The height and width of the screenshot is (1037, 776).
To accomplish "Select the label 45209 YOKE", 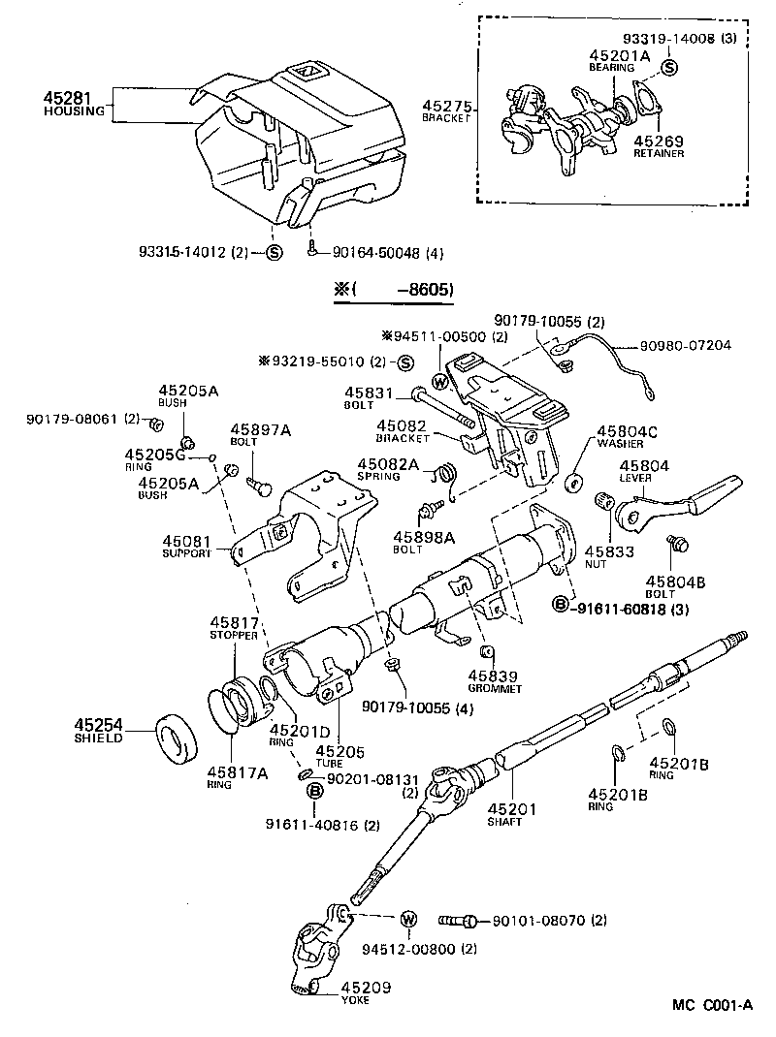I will [355, 993].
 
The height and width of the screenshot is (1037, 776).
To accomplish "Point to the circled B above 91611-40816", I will [314, 792].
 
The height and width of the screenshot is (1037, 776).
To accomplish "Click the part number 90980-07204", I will [685, 344].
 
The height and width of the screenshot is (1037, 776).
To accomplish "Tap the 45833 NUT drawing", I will [601, 501].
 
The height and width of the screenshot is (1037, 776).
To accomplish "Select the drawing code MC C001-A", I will [712, 1005].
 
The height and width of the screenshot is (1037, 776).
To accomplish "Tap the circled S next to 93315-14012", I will [274, 253].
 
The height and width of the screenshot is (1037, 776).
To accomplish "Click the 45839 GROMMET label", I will [494, 681].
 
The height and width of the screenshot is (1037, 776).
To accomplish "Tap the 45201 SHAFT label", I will [504, 813].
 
